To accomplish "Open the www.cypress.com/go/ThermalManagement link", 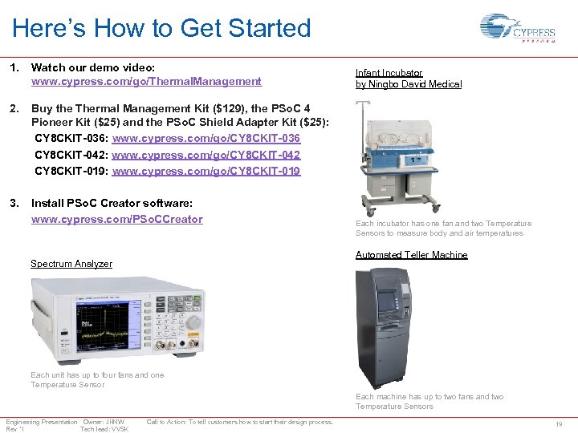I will [x=146, y=81].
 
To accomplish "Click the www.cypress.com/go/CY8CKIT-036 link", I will [x=206, y=139].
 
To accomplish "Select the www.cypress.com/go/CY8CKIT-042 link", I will [x=206, y=155].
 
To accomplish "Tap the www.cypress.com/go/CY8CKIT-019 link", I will [x=206, y=171].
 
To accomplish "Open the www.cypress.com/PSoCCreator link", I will [x=116, y=219].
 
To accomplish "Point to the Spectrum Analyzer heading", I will [x=71, y=264].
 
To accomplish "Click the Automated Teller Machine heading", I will [x=411, y=255].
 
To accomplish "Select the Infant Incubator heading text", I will [x=389, y=73].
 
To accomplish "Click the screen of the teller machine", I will [x=386, y=301].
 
